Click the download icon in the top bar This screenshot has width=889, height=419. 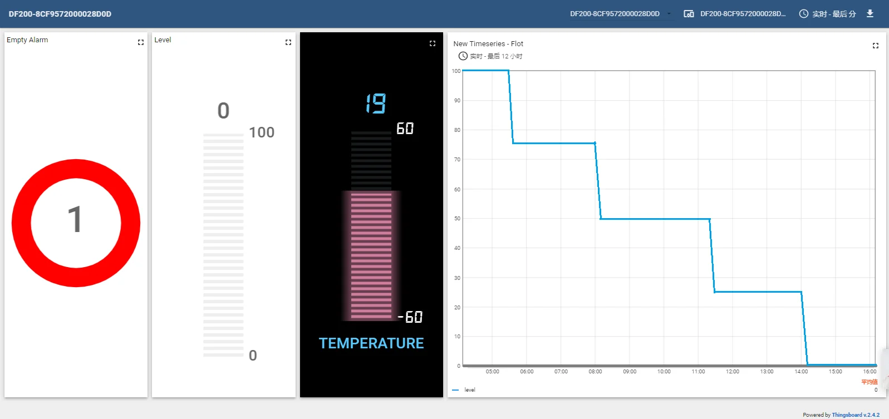[x=870, y=13]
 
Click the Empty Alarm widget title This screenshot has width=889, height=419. [x=27, y=40]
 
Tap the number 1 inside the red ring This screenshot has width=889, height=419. [x=75, y=220]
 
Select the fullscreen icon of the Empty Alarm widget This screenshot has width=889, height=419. [x=141, y=42]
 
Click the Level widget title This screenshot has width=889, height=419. [x=163, y=40]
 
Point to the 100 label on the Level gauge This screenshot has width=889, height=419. [x=262, y=132]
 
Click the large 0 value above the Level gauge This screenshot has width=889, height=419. [x=223, y=111]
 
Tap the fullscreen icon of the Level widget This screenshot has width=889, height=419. [x=288, y=42]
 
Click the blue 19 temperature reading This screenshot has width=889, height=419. [x=376, y=103]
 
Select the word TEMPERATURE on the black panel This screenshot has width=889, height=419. [x=371, y=343]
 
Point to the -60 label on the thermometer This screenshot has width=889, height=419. [x=410, y=317]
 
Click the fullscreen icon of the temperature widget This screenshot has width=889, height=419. [x=433, y=43]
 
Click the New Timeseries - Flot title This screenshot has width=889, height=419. [x=488, y=44]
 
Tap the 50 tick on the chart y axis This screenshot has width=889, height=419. [x=457, y=219]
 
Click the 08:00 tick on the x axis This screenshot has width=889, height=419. [x=595, y=372]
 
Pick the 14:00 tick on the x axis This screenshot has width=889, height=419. [x=801, y=372]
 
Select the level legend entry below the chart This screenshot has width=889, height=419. [x=469, y=390]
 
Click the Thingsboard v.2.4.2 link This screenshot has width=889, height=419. [x=856, y=415]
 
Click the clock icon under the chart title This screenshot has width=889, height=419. [x=463, y=56]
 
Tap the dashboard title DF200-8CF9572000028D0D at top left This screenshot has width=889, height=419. [x=60, y=14]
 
